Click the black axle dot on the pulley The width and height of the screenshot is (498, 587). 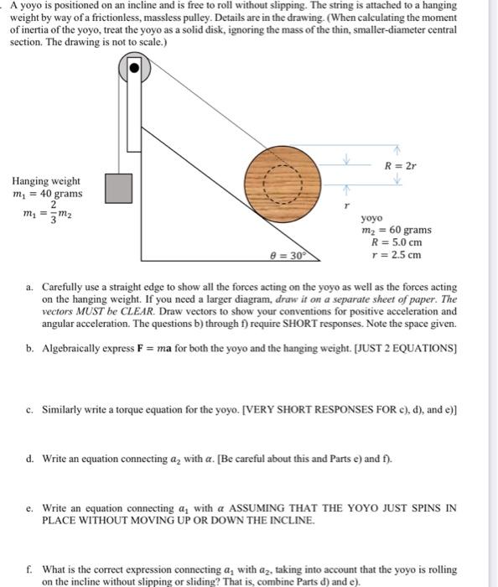134,68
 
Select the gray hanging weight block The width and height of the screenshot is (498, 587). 118,189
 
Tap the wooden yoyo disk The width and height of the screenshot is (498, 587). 283,184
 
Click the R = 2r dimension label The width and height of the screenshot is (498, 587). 400,165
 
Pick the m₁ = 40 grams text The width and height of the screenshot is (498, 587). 47,194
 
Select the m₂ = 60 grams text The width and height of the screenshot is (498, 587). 397,230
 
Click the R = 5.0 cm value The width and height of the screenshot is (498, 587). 397,242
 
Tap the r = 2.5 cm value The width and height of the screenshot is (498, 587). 397,255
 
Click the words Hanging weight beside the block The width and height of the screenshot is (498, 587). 46,181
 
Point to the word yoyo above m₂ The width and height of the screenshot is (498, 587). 371,218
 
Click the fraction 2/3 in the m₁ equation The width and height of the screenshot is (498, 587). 54,213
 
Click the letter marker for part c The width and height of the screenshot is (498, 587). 29,410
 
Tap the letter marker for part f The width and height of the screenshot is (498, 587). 29,569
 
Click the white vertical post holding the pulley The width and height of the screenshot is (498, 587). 134,105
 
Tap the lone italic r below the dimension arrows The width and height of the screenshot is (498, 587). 347,205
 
